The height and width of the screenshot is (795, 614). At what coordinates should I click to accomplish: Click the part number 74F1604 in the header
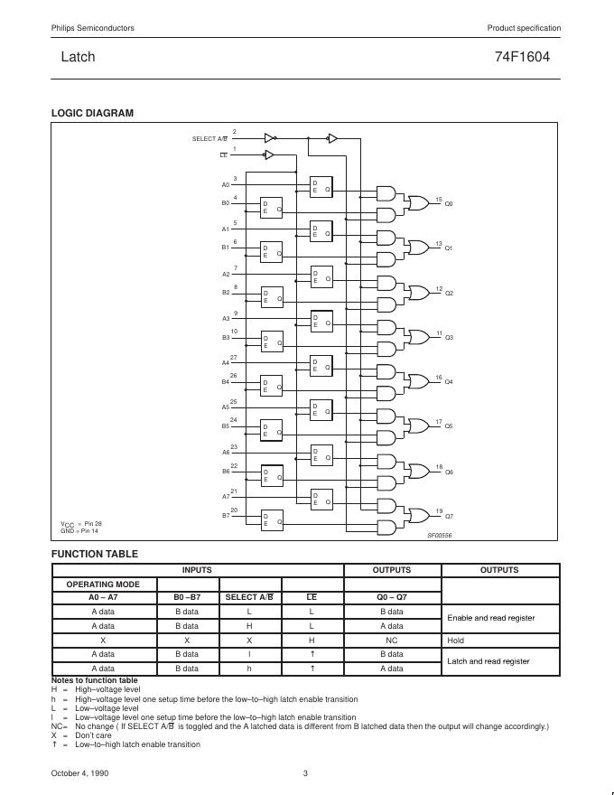(522, 56)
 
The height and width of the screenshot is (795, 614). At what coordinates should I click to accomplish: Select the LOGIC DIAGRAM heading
(92, 113)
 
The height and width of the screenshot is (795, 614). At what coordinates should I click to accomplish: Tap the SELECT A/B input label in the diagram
(209, 139)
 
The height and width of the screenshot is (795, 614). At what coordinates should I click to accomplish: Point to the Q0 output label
(449, 204)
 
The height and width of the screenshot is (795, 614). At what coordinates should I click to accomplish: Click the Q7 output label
(449, 516)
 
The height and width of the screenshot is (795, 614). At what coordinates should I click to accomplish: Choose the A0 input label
(226, 185)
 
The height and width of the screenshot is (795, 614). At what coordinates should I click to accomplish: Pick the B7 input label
(226, 516)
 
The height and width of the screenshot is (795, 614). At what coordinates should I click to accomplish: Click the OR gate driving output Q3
(419, 337)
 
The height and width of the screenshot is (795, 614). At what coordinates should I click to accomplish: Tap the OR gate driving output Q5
(419, 426)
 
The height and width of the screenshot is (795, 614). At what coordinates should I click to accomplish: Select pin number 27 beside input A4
(234, 358)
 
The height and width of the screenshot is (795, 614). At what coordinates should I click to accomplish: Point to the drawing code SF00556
(440, 535)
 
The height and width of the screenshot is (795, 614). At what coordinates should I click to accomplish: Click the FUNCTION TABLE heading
(95, 554)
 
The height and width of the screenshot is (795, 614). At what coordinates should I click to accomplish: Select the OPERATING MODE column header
(103, 584)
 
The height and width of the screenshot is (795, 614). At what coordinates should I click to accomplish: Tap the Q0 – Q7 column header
(391, 597)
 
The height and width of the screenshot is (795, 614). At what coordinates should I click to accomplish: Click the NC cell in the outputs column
(391, 640)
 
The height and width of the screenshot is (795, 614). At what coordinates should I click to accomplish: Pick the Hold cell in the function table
(456, 640)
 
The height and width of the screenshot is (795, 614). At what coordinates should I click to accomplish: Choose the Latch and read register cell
(488, 661)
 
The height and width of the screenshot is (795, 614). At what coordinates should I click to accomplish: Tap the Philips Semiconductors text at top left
(88, 28)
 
